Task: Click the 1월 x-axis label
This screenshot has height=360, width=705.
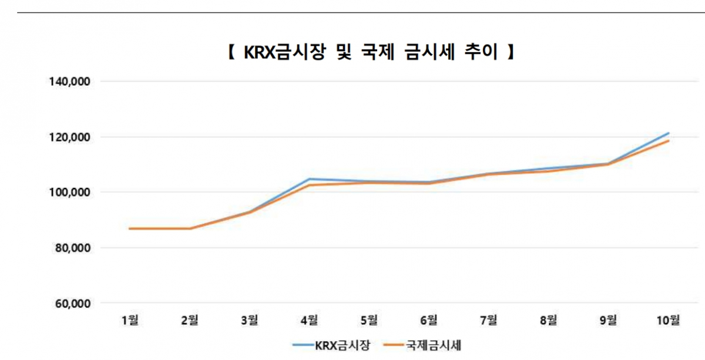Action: coord(130,321)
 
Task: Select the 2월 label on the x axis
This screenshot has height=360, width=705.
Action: coord(190,321)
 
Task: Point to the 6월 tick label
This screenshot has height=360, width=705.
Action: coord(429,321)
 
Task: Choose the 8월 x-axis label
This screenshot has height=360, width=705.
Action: coord(548,321)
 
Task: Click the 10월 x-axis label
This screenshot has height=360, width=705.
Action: coord(668,321)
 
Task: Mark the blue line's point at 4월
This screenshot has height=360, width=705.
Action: coord(309,179)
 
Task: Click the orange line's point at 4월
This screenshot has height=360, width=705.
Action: coord(309,185)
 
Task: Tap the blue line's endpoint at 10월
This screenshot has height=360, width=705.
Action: coord(669,133)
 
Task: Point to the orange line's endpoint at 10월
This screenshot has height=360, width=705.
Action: coord(669,141)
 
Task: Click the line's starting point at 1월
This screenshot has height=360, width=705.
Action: coord(130,228)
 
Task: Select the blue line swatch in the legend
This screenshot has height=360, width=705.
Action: coord(303,346)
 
